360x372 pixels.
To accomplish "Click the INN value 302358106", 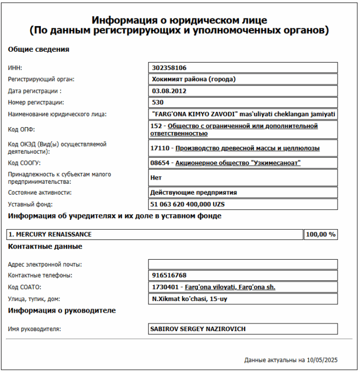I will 170,68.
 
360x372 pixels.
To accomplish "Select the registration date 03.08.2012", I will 169,91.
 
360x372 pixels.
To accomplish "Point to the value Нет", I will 155,177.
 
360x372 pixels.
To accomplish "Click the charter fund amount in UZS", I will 188,204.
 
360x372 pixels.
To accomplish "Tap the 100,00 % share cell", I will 320,235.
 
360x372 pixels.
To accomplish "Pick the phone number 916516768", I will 170,275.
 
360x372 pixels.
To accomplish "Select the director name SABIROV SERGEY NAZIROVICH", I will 198,329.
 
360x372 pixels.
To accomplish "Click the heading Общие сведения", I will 38,50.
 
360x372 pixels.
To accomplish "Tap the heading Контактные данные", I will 45,247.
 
